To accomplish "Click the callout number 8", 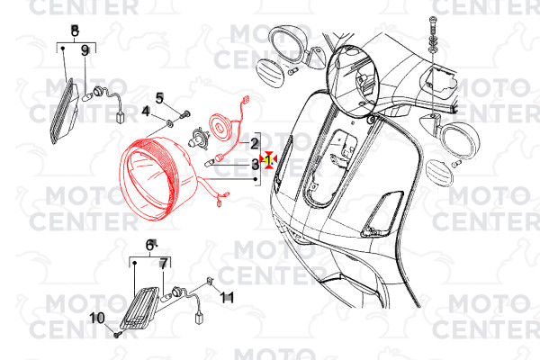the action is point(75,31).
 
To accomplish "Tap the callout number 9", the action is point(85,51).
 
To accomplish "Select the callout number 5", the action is point(159,98).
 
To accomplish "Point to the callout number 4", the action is point(146,112).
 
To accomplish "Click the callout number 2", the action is point(254,143).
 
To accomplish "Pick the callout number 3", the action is point(255,165).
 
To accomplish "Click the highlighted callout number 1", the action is point(268,159).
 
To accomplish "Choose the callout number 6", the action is point(149,246).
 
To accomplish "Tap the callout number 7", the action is point(163,264).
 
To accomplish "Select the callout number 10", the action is point(97,318).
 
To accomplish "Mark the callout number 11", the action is point(227,297).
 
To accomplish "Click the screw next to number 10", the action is point(117,334).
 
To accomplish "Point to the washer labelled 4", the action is point(169,122).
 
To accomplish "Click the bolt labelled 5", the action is point(185,113).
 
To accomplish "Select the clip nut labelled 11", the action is point(210,281).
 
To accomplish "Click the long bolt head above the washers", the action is point(432,19).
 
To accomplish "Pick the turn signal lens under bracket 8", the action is point(63,111).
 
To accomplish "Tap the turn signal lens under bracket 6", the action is point(139,308).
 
